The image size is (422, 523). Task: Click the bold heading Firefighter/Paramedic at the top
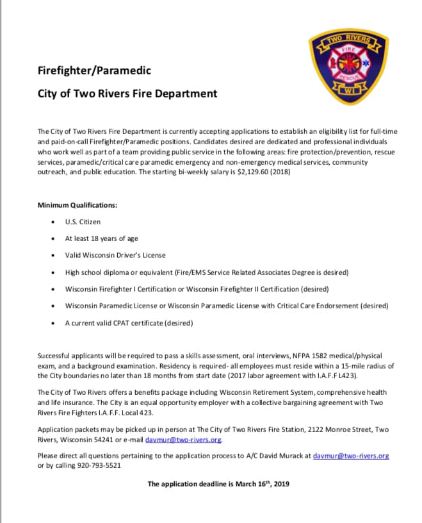pyautogui.click(x=94, y=71)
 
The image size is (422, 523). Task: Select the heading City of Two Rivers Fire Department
pyautogui.click(x=127, y=94)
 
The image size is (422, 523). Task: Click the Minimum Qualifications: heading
pyautogui.click(x=77, y=205)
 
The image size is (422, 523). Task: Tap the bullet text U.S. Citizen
pyautogui.click(x=83, y=222)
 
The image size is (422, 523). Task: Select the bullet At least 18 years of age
pyautogui.click(x=101, y=238)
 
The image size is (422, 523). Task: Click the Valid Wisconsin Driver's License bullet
pyautogui.click(x=116, y=255)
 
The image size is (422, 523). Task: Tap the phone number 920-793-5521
pyautogui.click(x=99, y=466)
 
